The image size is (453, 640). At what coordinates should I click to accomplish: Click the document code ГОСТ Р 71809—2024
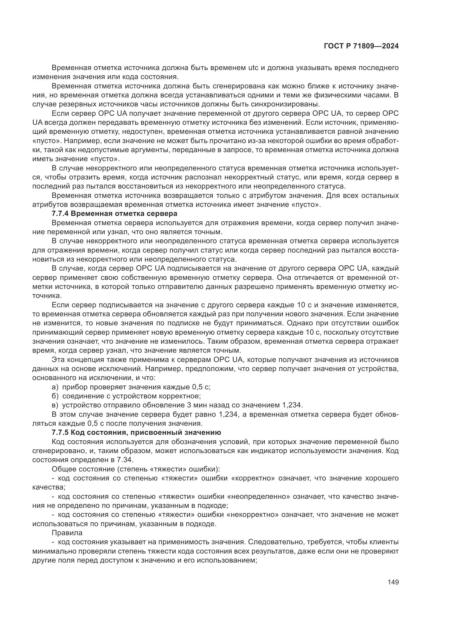(x=361, y=46)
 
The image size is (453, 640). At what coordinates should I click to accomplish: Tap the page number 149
(x=393, y=582)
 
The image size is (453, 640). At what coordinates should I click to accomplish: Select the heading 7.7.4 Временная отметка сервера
(x=114, y=214)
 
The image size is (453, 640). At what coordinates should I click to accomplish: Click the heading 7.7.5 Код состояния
(x=136, y=432)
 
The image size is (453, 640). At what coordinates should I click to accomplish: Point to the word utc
(x=253, y=68)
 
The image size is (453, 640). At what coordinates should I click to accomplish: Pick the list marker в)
(x=55, y=405)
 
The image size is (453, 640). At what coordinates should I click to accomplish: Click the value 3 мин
(x=197, y=405)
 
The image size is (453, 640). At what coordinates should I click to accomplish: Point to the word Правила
(x=67, y=533)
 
